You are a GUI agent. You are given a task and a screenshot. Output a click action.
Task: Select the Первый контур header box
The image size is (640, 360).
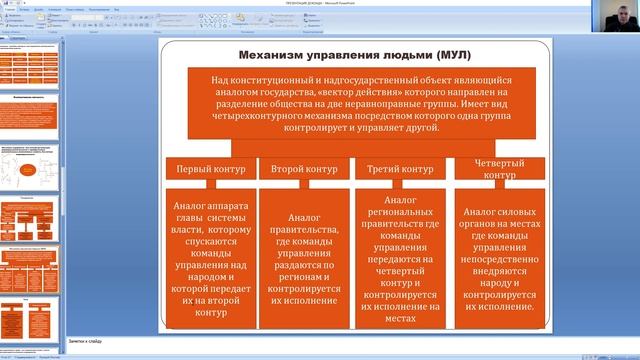207,170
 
